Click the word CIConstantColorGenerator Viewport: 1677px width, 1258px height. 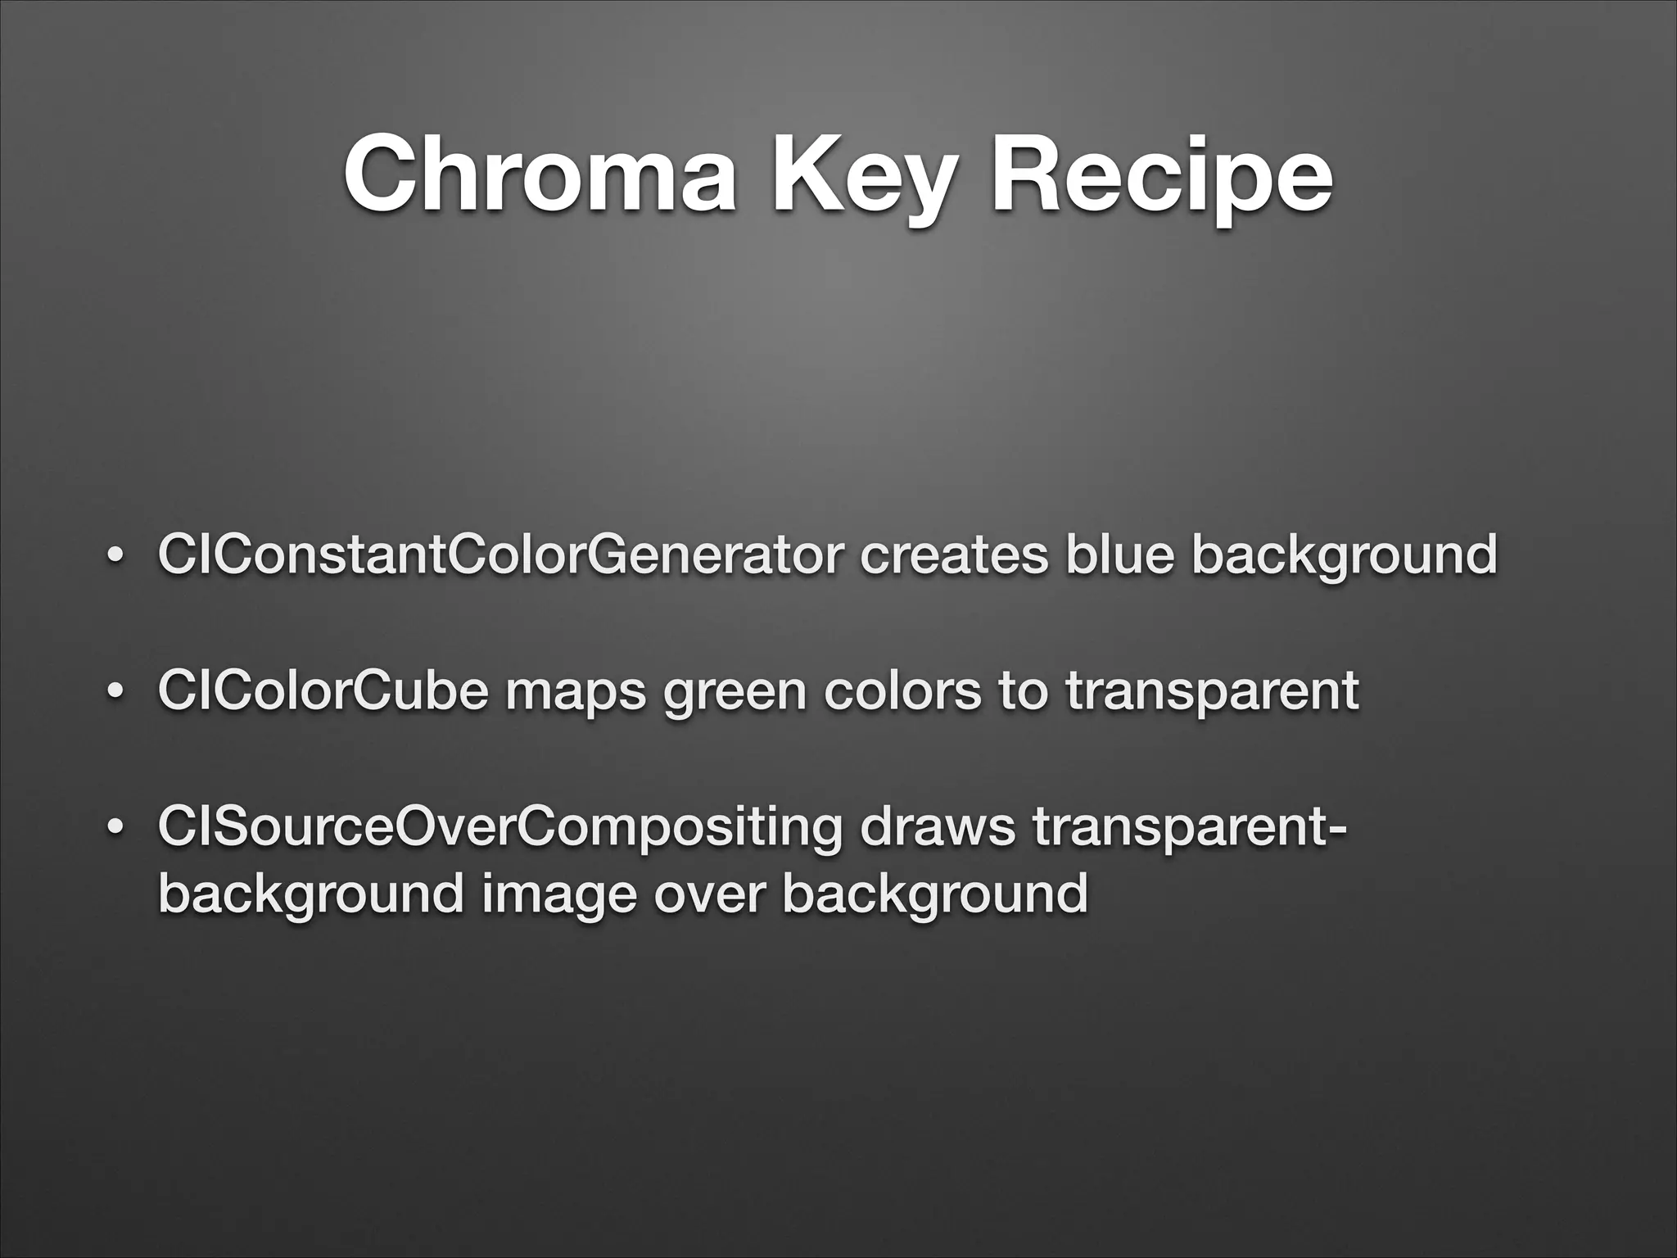click(x=499, y=554)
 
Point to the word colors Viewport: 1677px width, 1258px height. click(x=902, y=690)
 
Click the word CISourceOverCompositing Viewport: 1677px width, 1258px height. click(x=499, y=828)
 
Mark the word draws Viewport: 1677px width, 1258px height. click(x=937, y=826)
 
